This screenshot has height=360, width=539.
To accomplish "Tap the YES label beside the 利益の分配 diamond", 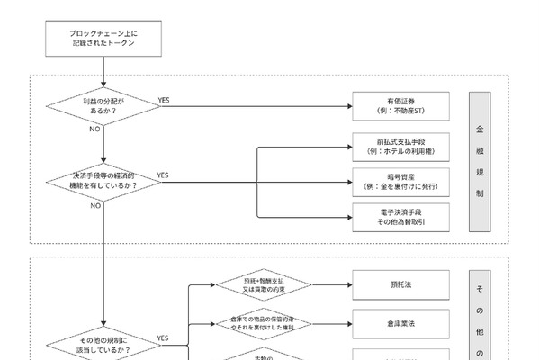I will pyautogui.click(x=164, y=99).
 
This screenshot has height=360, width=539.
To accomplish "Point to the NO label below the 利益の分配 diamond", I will pyautogui.click(x=94, y=130).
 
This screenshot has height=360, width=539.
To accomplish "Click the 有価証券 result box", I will pyautogui.click(x=395, y=106).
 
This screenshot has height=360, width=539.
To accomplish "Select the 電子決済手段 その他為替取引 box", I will pyautogui.click(x=395, y=216).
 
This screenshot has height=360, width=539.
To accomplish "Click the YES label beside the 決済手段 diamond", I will pyautogui.click(x=164, y=174).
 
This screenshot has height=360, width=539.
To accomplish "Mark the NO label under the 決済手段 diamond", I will pyautogui.click(x=94, y=205).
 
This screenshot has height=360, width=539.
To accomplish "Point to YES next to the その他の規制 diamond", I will pyautogui.click(x=164, y=337).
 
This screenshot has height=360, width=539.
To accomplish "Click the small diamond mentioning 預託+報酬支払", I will pyautogui.click(x=264, y=284).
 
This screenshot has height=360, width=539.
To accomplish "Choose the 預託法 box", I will pyautogui.click(x=395, y=284).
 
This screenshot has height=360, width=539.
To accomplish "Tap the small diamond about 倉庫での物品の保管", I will pyautogui.click(x=264, y=321).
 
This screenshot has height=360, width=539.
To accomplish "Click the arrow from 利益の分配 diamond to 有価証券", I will pyautogui.click(x=252, y=106).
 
